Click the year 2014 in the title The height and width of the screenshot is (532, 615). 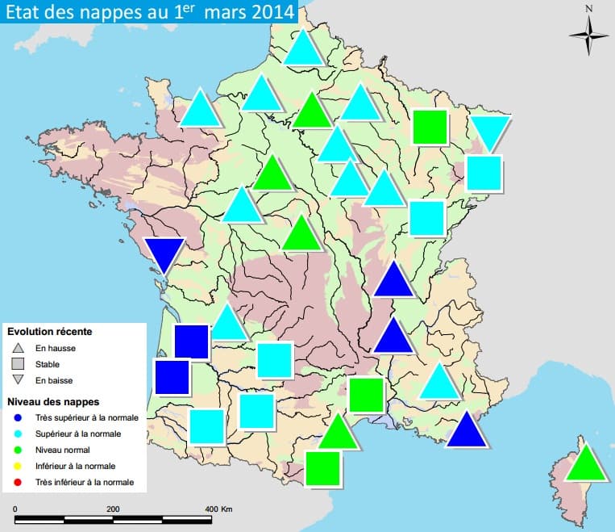pos(268,14)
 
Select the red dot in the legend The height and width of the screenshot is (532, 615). pos(17,482)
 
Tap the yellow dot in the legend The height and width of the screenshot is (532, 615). pos(17,466)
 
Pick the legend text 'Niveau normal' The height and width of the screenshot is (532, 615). pos(62,450)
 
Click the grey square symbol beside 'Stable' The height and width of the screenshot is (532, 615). pos(17,363)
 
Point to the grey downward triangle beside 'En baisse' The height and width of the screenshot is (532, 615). pos(17,380)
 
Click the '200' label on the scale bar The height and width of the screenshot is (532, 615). pos(113,509)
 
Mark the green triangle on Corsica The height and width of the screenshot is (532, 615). pos(585,464)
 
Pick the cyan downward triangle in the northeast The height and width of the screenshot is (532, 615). pos(490,132)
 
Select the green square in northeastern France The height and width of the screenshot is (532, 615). pos(430,127)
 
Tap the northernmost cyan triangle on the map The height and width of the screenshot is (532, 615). pos(303,49)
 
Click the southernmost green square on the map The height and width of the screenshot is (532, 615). pos(323,468)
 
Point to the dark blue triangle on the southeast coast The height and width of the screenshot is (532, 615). pos(466,431)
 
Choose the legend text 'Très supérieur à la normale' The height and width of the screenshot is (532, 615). pos(86,417)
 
